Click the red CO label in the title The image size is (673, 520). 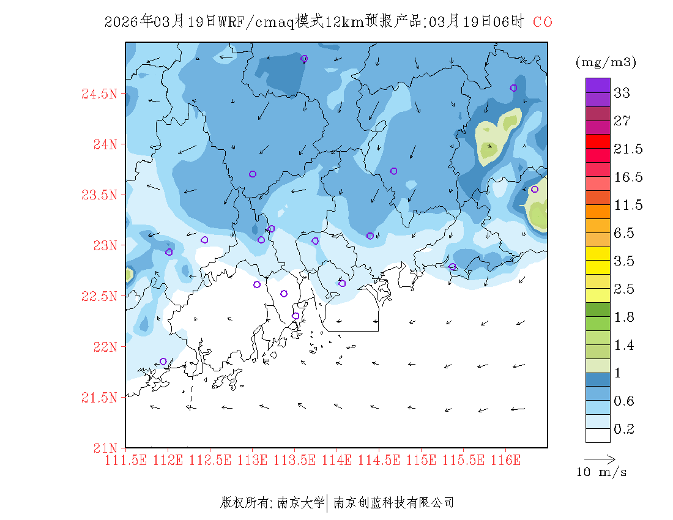543,23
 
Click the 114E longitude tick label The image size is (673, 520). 336,459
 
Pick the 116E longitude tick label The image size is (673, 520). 505,459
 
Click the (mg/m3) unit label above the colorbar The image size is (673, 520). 606,62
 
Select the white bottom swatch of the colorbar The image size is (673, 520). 598,435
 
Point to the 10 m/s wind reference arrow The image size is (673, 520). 600,458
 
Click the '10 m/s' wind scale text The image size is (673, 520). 601,472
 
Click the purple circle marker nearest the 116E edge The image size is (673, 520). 535,189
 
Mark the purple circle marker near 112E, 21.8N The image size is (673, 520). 163,362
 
